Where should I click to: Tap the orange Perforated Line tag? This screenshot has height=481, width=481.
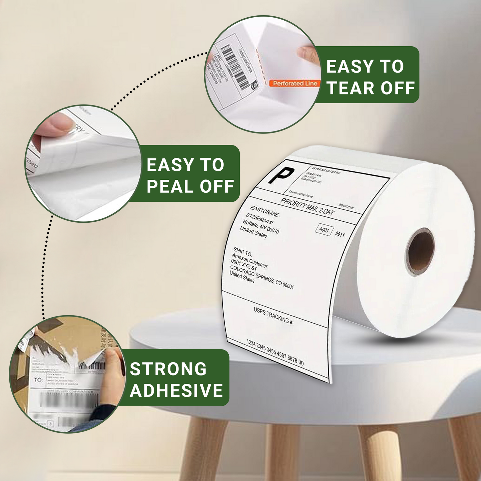click(x=295, y=84)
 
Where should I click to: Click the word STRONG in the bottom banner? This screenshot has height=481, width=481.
click(x=168, y=369)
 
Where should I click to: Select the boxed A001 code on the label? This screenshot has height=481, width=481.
click(x=324, y=230)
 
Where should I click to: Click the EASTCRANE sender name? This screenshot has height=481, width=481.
click(x=265, y=211)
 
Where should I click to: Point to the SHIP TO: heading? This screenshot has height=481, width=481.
click(x=243, y=252)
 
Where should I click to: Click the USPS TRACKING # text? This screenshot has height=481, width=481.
click(x=273, y=315)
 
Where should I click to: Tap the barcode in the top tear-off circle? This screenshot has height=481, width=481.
click(x=235, y=67)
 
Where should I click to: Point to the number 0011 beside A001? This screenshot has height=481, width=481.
click(x=340, y=234)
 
